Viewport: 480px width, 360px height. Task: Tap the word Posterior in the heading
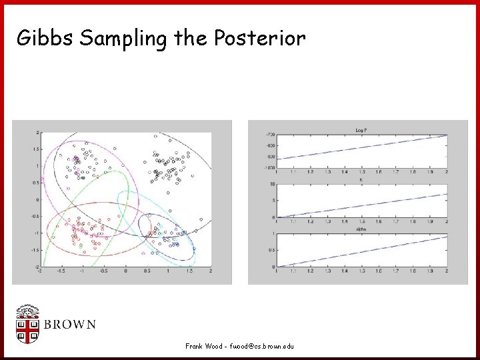coord(261,39)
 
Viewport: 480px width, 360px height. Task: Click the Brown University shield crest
coord(27,325)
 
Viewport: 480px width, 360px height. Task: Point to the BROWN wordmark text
coord(70,325)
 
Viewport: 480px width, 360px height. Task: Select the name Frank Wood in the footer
coord(204,346)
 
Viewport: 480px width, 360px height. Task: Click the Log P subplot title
coord(361,130)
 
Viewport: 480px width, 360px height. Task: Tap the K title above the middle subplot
coord(361,179)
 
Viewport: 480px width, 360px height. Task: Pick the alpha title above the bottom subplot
coord(361,229)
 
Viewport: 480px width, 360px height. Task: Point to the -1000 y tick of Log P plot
coord(270,167)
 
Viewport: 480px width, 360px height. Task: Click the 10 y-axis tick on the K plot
coord(272,184)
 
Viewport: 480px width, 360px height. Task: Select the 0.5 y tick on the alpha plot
coord(271,250)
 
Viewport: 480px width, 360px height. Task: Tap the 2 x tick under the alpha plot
coord(446,271)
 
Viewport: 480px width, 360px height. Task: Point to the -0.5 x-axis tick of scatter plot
coord(103,271)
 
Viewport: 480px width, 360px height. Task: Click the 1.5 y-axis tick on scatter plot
coord(35,149)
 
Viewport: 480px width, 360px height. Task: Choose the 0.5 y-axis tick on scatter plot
coord(35,183)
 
